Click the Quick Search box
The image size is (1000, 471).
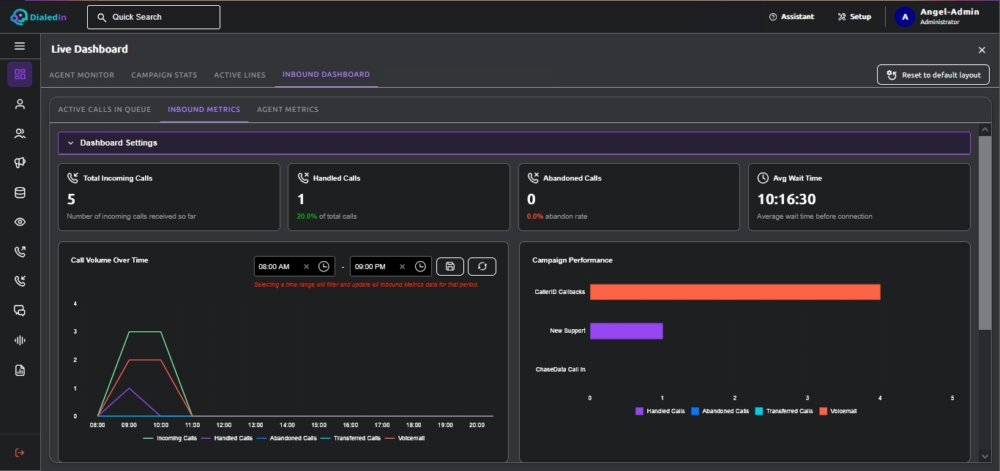(154, 17)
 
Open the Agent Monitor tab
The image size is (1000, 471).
(82, 75)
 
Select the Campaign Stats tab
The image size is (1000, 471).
(164, 75)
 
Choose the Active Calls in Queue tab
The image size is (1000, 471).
(105, 109)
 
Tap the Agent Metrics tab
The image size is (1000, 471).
(288, 109)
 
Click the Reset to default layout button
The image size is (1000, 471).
(933, 75)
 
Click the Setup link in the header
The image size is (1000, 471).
(854, 17)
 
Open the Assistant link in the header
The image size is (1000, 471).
(791, 17)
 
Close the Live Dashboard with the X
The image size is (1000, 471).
(982, 50)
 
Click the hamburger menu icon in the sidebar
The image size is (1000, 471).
(20, 46)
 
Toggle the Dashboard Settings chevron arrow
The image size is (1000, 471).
(70, 143)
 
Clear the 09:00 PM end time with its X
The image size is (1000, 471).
(402, 267)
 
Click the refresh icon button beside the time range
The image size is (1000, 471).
(482, 267)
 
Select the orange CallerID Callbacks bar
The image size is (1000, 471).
(735, 292)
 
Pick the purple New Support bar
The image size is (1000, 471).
(627, 331)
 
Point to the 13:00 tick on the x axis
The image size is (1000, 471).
(255, 425)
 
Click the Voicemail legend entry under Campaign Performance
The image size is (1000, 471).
(838, 411)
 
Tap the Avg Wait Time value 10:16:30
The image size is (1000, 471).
(787, 199)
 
